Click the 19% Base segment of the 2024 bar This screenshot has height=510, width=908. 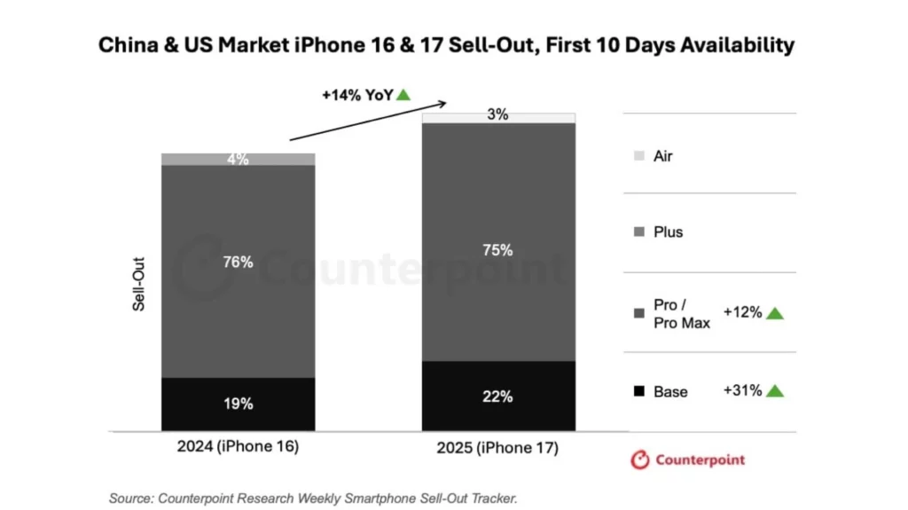pyautogui.click(x=238, y=404)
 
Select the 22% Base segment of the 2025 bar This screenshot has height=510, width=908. pyautogui.click(x=498, y=396)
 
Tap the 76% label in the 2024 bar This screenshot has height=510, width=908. pyautogui.click(x=238, y=263)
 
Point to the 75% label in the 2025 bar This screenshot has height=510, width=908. pyautogui.click(x=498, y=250)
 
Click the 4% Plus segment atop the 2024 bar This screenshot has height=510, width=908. pyautogui.click(x=238, y=160)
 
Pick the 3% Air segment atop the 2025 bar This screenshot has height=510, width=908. pyautogui.click(x=498, y=117)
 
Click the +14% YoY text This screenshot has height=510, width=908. pyautogui.click(x=356, y=94)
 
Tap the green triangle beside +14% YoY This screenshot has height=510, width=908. pyautogui.click(x=403, y=94)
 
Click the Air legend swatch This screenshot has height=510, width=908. pyautogui.click(x=639, y=156)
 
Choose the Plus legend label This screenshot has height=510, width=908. pyautogui.click(x=668, y=232)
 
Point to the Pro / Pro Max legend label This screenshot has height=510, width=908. pyautogui.click(x=681, y=314)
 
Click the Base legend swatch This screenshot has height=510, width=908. pyautogui.click(x=639, y=391)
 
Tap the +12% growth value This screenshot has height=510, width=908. pyautogui.click(x=742, y=312)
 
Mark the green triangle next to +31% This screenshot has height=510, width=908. pyautogui.click(x=775, y=391)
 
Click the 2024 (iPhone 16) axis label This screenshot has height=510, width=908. pyautogui.click(x=238, y=447)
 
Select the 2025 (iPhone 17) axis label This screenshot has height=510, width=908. pyautogui.click(x=497, y=448)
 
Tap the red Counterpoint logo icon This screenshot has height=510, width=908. pyautogui.click(x=639, y=459)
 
